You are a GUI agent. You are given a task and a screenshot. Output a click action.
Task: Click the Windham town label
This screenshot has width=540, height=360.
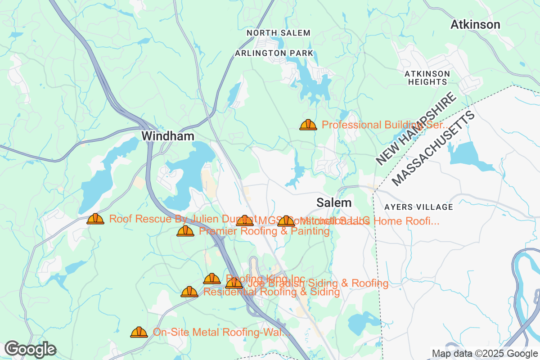(168, 136)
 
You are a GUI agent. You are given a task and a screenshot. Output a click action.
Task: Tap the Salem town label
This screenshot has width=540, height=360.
(334, 202)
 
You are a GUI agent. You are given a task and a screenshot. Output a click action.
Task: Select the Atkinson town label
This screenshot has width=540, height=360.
(475, 25)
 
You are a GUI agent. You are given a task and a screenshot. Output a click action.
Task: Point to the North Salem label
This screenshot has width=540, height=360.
(279, 33)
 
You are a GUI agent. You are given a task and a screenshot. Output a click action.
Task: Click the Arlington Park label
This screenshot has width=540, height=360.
(274, 53)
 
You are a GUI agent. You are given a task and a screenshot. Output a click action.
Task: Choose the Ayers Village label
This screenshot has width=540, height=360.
(418, 207)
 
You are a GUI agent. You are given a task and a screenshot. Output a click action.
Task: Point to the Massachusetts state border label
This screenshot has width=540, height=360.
(434, 148)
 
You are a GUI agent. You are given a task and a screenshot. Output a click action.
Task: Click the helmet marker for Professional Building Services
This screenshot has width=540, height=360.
(308, 125)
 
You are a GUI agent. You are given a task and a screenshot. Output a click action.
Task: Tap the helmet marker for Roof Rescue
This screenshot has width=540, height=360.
(95, 219)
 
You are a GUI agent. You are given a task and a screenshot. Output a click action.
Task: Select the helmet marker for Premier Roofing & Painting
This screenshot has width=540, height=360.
(185, 231)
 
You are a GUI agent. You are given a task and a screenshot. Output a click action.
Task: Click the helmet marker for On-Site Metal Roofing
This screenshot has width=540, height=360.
(139, 332)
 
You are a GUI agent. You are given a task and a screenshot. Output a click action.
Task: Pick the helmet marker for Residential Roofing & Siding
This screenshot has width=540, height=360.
(189, 292)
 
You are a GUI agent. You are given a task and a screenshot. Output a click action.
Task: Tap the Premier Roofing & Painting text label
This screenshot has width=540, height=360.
(264, 231)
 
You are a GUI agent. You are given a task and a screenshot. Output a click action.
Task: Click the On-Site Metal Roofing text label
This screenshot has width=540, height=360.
(220, 332)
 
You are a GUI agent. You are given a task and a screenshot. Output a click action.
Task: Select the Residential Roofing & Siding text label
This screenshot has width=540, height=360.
(271, 292)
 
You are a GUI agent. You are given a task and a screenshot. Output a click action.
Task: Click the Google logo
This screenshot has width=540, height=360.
(31, 349)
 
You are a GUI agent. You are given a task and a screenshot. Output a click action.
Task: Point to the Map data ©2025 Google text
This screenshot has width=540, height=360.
(485, 353)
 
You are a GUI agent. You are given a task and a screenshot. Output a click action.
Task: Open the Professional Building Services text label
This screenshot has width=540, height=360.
(385, 125)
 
